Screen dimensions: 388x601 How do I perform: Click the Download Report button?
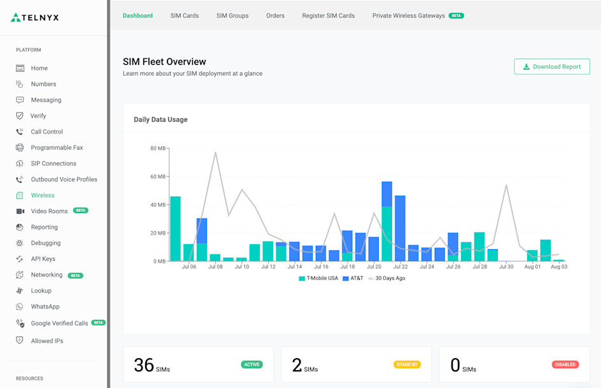(x=551, y=67)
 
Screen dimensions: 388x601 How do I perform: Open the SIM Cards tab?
(x=185, y=15)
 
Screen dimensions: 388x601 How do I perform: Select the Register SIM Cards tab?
(x=328, y=15)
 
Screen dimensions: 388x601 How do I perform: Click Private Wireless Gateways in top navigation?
(x=409, y=15)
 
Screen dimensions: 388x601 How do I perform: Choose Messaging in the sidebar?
(x=46, y=100)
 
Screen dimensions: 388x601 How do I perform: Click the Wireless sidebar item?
(x=43, y=195)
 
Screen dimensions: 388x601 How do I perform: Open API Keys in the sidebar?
(x=43, y=259)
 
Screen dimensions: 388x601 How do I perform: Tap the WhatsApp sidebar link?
(x=45, y=307)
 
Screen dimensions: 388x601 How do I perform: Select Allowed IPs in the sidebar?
(x=47, y=341)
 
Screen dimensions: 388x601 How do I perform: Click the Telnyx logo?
(x=35, y=18)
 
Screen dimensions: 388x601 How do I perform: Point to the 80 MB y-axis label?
(x=158, y=149)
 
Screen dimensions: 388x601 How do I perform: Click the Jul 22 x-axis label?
(x=400, y=267)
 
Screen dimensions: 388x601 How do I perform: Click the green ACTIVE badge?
(x=251, y=364)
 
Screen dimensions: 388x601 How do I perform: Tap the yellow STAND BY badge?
(x=407, y=364)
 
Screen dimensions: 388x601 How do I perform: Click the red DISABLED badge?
(x=565, y=364)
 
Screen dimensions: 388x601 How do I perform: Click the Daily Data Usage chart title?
(x=160, y=120)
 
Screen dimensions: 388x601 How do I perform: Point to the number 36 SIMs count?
(x=145, y=364)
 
